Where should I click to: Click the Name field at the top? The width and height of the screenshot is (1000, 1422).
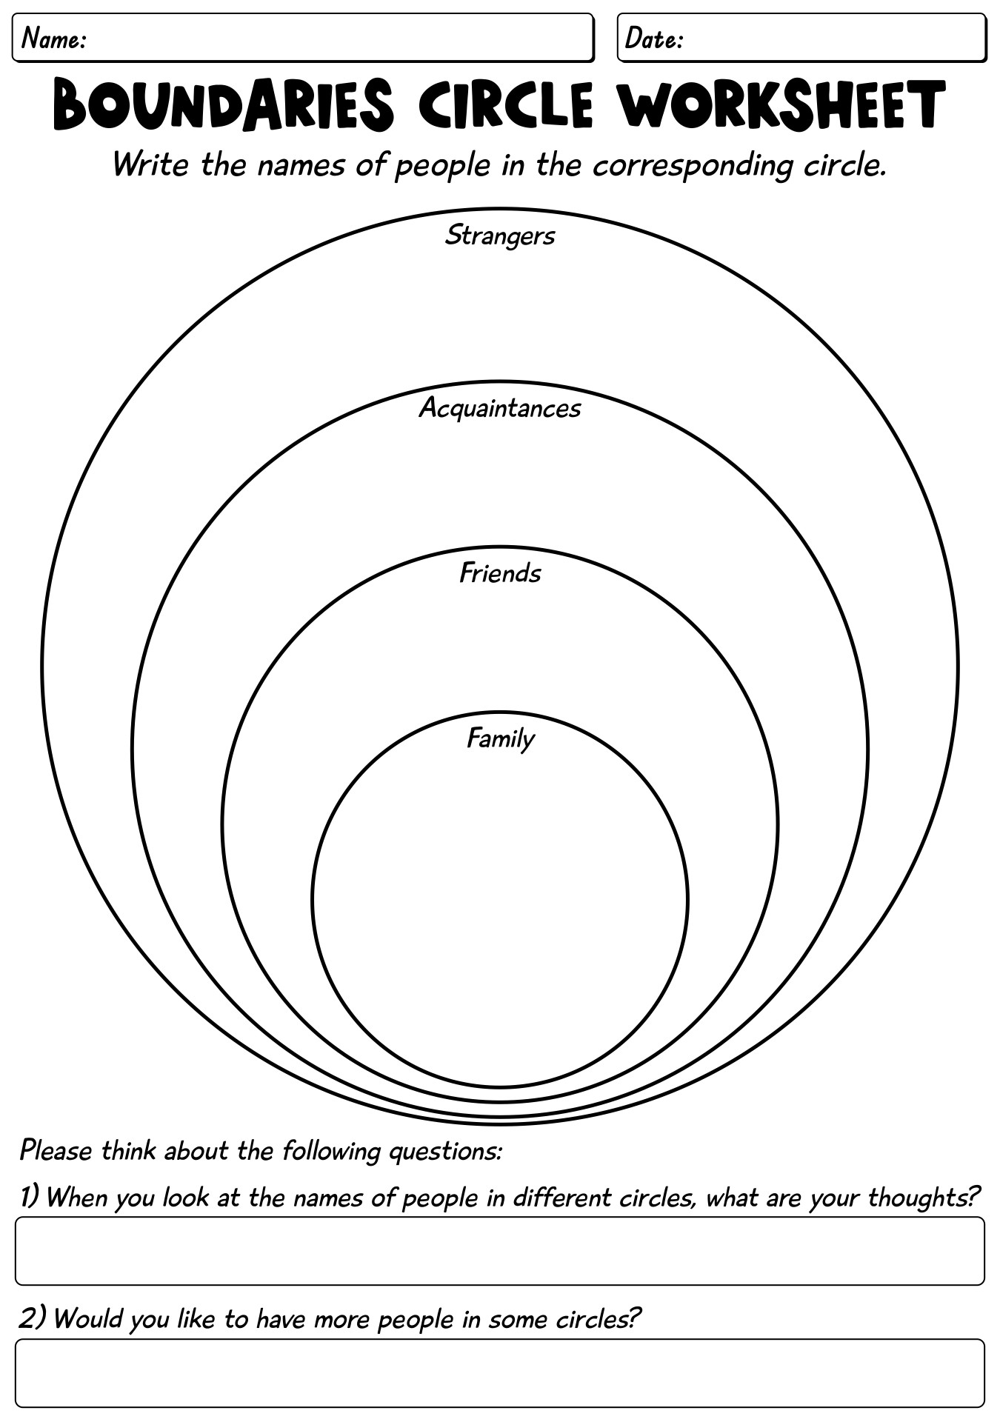click(x=304, y=37)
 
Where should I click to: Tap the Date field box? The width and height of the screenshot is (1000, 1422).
click(x=801, y=37)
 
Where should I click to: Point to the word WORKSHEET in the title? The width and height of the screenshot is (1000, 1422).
click(x=782, y=106)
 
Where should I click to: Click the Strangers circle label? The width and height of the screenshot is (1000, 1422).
click(x=500, y=236)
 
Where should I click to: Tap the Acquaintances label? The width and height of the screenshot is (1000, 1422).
click(x=500, y=407)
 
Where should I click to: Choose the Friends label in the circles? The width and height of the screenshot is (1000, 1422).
click(x=500, y=573)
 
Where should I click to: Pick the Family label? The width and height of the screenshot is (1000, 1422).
click(x=500, y=738)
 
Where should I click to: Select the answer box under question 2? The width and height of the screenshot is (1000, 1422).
click(x=500, y=1372)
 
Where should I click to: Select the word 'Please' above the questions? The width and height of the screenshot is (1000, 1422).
click(x=56, y=1150)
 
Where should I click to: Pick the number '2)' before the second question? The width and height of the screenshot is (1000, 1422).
click(x=33, y=1318)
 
